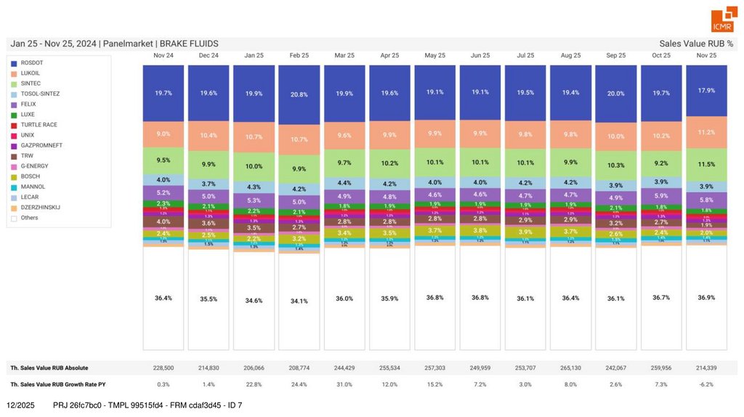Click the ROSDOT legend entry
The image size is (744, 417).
point(33,63)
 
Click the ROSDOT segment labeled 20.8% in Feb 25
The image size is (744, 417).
point(299,94)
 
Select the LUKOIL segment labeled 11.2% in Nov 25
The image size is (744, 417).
point(706,132)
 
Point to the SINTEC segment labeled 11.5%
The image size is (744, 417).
point(706,165)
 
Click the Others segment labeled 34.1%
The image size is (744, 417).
point(299,301)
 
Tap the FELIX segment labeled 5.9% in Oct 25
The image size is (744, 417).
point(661,195)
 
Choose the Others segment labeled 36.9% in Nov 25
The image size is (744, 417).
point(706,298)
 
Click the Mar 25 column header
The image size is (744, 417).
point(344,55)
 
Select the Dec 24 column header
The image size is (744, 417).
point(209,55)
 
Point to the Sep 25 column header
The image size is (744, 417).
point(615,55)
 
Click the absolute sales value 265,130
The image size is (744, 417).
point(571,368)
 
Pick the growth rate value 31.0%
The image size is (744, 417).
point(344,384)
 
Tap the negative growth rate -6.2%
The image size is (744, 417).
point(706,384)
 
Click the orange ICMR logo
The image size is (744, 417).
point(722,21)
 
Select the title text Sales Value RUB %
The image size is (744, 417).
point(695,44)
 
